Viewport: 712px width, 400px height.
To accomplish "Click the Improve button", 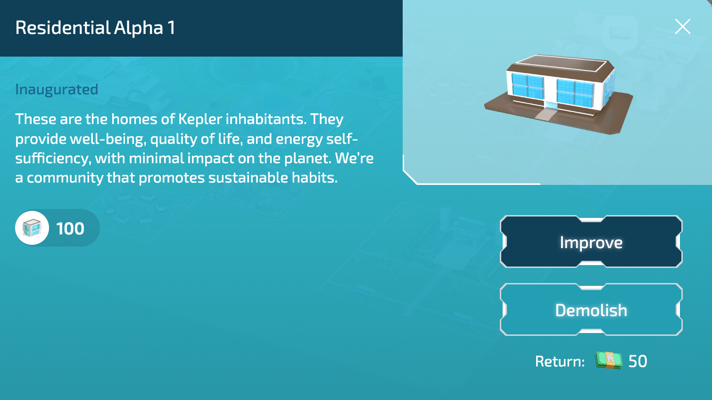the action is [x=591, y=242].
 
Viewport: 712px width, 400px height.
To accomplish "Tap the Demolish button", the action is [x=591, y=310].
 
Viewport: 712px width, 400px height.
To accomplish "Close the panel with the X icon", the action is [x=682, y=26].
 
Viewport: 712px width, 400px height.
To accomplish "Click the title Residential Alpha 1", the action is [x=95, y=28].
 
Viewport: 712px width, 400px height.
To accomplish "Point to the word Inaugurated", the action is [x=57, y=89].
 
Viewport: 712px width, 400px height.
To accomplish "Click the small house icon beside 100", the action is [x=32, y=228].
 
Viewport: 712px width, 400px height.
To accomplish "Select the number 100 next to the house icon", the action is [x=70, y=229].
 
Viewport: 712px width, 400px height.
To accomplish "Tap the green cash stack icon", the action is [x=609, y=361].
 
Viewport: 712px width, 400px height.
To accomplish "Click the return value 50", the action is [x=637, y=361].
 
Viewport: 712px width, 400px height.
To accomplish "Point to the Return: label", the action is [x=560, y=361].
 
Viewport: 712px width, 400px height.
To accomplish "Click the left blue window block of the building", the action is [x=528, y=86].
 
